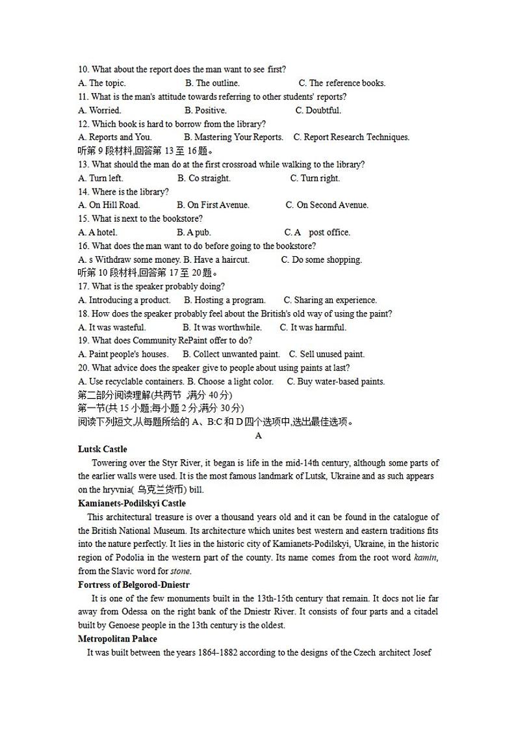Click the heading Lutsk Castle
pos(102,449)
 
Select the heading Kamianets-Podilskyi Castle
pos(131,503)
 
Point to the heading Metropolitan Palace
pos(117,639)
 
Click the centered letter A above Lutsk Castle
pos(259,436)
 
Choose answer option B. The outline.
pos(212,83)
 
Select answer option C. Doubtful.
pos(318,111)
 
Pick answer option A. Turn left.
pos(100,178)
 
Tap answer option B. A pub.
pos(194,232)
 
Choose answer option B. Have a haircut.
pos(213,259)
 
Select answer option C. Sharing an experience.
pos(330,300)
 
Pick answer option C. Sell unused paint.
pos(327,354)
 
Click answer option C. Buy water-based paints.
pos(336,382)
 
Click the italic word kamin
pos(426,558)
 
